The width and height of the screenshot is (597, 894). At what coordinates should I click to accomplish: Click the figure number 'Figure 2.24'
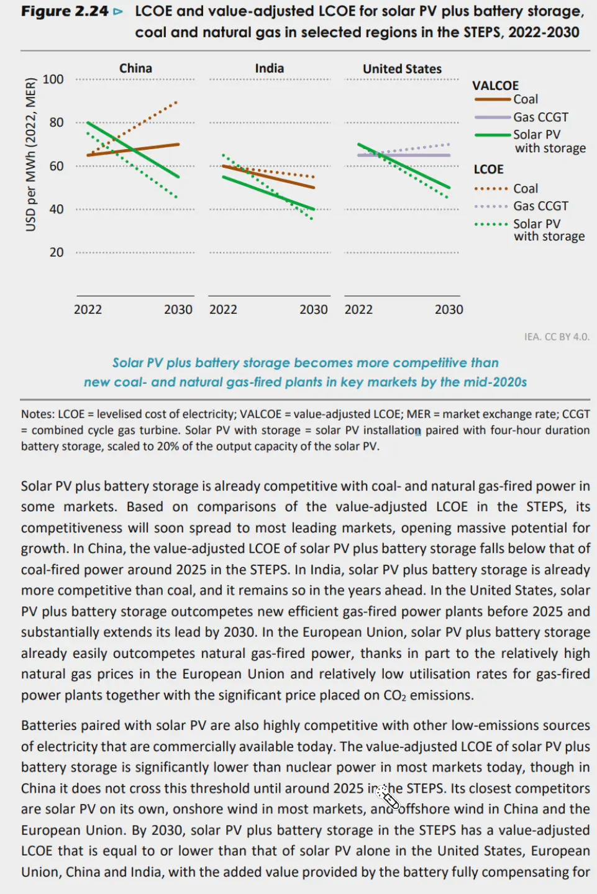(65, 11)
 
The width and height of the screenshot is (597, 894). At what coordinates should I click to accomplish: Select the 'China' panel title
(135, 68)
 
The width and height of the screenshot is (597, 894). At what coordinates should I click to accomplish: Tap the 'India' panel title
(269, 68)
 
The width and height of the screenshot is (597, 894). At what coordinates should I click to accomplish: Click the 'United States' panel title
(402, 69)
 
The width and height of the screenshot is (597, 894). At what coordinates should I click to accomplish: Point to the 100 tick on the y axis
(53, 80)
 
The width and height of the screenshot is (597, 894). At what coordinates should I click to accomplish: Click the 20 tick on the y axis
(57, 252)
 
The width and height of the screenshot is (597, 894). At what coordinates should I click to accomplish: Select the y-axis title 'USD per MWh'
(30, 155)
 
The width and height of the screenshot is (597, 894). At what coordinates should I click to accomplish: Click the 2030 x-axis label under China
(178, 309)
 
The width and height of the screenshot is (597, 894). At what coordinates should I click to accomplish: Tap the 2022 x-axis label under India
(223, 309)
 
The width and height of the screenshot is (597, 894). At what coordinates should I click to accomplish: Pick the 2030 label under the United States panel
(449, 309)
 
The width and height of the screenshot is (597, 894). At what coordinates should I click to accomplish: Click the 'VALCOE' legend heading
(495, 86)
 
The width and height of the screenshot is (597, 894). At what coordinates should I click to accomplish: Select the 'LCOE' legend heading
(488, 169)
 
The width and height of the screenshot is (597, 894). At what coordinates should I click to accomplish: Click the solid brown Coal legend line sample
(492, 99)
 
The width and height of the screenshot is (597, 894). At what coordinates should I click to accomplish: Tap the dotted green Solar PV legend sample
(491, 224)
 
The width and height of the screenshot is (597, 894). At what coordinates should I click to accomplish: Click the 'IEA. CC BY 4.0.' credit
(557, 337)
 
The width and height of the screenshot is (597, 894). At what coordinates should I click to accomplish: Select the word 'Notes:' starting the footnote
(38, 414)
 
